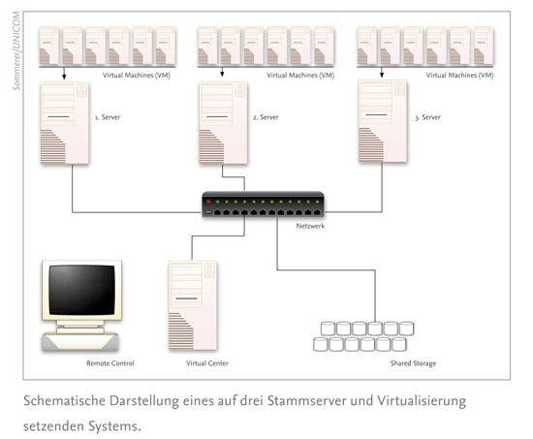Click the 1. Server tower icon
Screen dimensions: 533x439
point(65,123)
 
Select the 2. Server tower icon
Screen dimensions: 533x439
point(223,123)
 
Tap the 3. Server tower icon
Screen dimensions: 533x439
point(383,121)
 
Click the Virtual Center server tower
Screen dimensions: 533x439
point(193,305)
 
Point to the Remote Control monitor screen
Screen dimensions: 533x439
point(82,290)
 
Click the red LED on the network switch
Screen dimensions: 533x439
point(208,202)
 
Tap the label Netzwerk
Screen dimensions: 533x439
point(310,226)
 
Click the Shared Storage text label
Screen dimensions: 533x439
point(413,363)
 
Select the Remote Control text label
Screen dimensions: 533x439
point(110,363)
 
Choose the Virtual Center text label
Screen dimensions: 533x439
point(207,363)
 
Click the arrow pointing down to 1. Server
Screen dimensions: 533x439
point(64,73)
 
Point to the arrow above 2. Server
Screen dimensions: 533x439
point(222,72)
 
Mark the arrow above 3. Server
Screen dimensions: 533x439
point(382,72)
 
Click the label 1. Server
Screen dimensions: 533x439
point(108,117)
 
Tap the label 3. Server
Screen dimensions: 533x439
point(427,117)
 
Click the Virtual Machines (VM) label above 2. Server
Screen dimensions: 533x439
point(300,76)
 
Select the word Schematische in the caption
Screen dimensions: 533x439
point(64,400)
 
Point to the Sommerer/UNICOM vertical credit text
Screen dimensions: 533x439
point(16,51)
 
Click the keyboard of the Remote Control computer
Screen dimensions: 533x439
point(80,341)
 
